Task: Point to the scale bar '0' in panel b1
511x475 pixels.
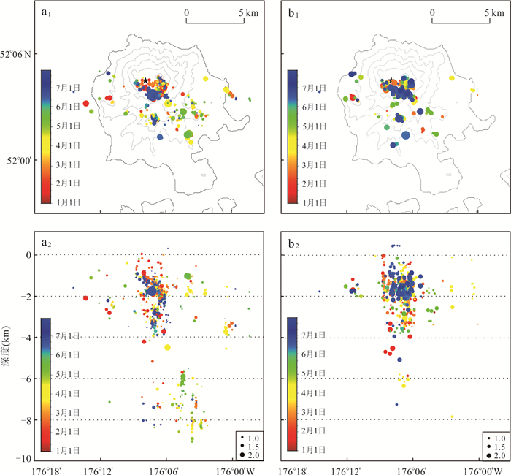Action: coord(432,12)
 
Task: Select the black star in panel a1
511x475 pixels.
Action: coord(145,80)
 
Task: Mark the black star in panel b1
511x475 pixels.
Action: coord(391,80)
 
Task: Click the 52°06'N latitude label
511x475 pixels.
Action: coord(20,54)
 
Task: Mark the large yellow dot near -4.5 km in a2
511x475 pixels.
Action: coord(168,347)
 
